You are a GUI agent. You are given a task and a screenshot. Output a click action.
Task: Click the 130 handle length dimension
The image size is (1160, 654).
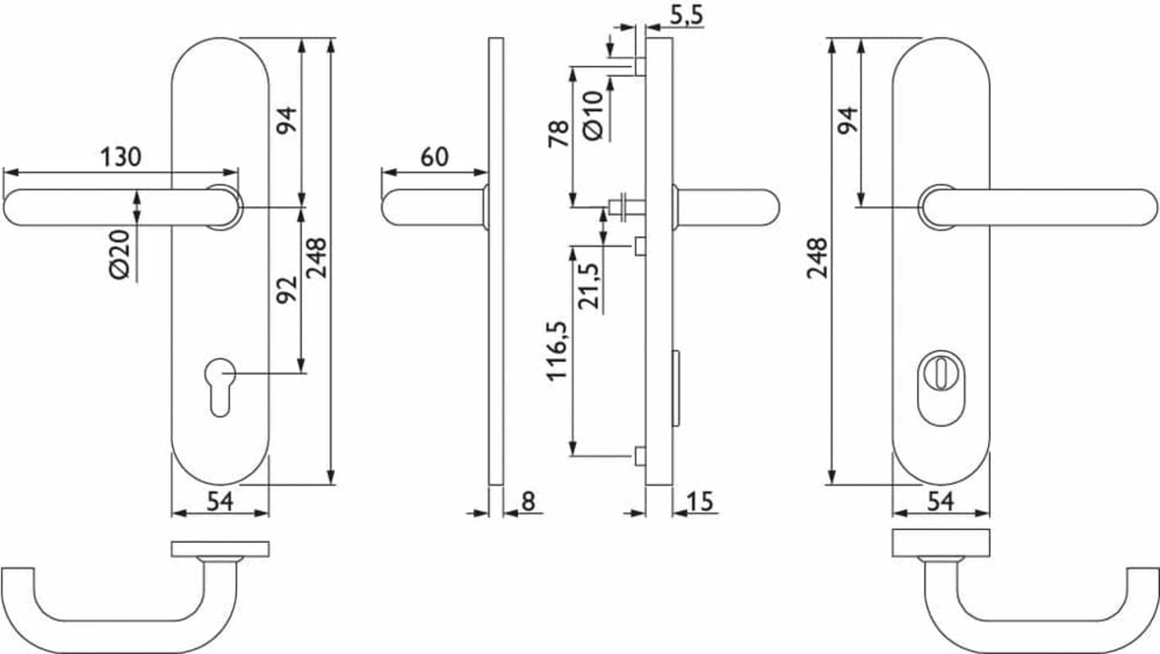pyautogui.click(x=120, y=157)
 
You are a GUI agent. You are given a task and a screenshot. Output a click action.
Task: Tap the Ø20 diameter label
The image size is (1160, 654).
pyautogui.click(x=119, y=254)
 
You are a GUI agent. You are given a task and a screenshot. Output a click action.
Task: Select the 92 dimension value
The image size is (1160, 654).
pyautogui.click(x=287, y=289)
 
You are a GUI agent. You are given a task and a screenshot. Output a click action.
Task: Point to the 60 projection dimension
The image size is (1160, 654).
pyautogui.click(x=434, y=157)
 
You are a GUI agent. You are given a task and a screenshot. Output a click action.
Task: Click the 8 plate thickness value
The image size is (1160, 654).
pyautogui.click(x=528, y=501)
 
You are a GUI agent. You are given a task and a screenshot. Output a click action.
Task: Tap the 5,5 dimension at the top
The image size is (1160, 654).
pyautogui.click(x=686, y=16)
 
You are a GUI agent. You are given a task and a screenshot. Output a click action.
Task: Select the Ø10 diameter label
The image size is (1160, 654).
pyautogui.click(x=593, y=115)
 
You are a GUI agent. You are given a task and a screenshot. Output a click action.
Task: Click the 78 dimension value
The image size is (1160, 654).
pyautogui.click(x=559, y=133)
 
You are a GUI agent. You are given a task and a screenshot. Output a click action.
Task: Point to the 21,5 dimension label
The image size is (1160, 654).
pyautogui.click(x=589, y=286)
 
